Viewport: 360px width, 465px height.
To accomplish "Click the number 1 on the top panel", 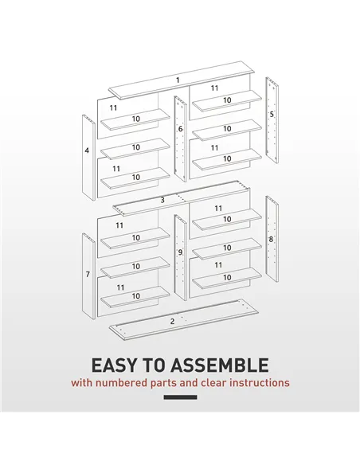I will (x=178, y=80).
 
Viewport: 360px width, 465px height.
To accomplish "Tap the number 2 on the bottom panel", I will (x=172, y=321).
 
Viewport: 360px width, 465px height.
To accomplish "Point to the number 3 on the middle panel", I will (x=162, y=200).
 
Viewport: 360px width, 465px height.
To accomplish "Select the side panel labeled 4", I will (x=87, y=159).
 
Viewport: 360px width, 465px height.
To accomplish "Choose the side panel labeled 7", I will (x=87, y=275).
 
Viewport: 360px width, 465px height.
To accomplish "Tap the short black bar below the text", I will (x=180, y=397).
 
